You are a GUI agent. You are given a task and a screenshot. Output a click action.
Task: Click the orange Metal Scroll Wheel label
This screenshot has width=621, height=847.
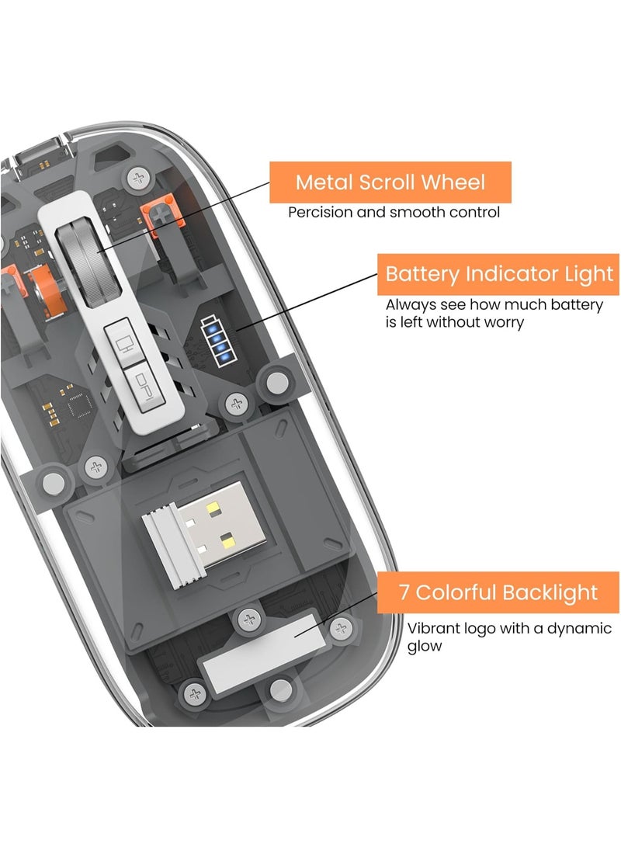pyautogui.click(x=390, y=182)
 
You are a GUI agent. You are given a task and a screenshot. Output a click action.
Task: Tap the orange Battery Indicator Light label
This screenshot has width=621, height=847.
pyautogui.click(x=499, y=274)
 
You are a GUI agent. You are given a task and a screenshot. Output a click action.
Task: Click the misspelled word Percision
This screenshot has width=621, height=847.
pyautogui.click(x=318, y=212)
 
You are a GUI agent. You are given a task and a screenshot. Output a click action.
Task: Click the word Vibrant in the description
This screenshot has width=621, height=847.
pyautogui.click(x=432, y=628)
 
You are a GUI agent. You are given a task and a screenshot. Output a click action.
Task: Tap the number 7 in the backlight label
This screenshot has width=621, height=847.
pyautogui.click(x=404, y=592)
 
